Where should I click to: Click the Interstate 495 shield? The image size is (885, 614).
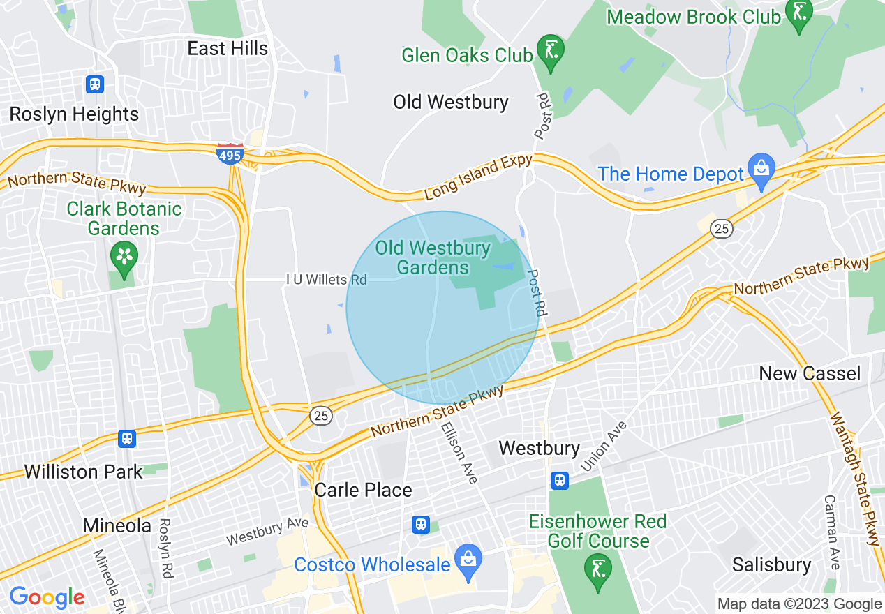click(x=230, y=154)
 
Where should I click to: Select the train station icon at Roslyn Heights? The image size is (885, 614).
click(x=95, y=84)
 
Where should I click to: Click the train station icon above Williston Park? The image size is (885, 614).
click(x=126, y=439)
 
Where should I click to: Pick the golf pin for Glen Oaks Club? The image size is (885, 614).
click(x=551, y=53)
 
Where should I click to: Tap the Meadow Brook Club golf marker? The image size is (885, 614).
click(x=798, y=14)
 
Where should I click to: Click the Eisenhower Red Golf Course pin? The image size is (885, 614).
click(x=598, y=571)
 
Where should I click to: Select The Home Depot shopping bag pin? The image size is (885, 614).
click(x=761, y=170)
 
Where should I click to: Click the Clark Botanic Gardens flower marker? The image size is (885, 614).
click(x=124, y=257)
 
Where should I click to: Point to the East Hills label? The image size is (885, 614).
click(x=228, y=48)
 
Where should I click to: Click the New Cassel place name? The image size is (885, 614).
click(x=810, y=373)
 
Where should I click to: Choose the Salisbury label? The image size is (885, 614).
click(x=771, y=564)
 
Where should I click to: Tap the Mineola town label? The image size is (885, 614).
click(x=117, y=525)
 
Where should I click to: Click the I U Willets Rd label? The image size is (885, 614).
click(x=326, y=280)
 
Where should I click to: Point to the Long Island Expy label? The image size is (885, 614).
click(x=479, y=178)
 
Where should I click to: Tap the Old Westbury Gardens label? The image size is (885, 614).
click(x=433, y=257)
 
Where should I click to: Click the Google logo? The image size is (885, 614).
click(x=47, y=598)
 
